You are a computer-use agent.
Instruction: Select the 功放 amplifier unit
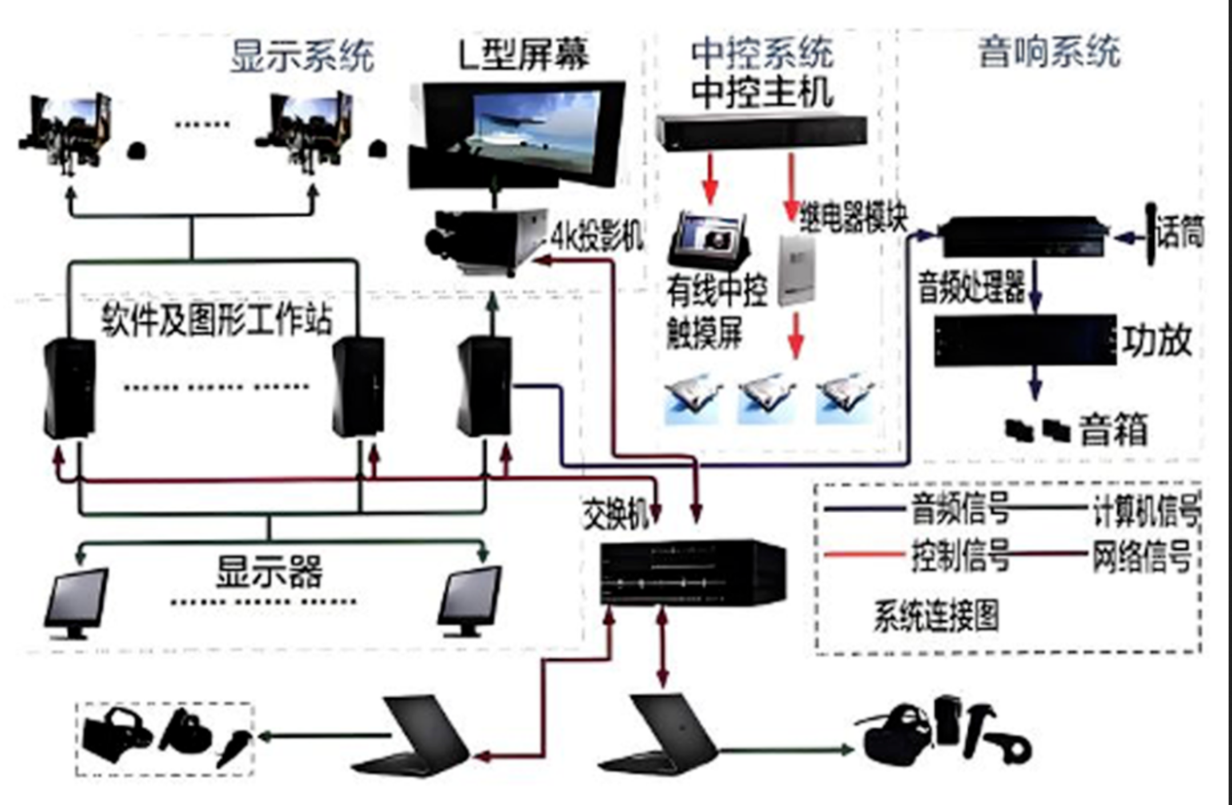(1025, 340)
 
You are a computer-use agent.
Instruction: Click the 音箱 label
(1113, 429)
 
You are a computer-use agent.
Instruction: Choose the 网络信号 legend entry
(1141, 556)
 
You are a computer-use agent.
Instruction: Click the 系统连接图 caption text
(936, 617)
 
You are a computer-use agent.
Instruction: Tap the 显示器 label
(269, 571)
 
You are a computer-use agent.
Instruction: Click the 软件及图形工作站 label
(217, 319)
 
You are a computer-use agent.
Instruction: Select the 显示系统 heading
(302, 56)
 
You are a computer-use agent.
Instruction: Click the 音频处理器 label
(971, 287)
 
